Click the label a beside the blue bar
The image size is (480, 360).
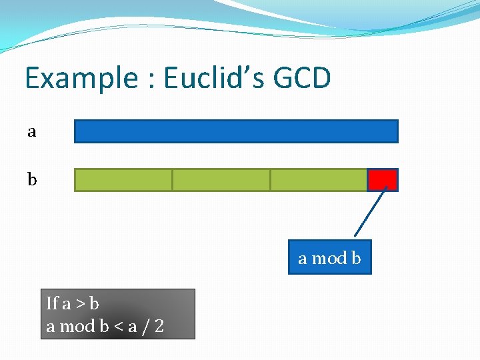pos(31,132)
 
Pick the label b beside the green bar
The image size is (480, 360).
pos(31,180)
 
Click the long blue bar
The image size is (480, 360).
pos(235,131)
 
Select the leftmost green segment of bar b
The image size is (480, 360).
pos(123,180)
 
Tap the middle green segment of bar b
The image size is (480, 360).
pos(221,180)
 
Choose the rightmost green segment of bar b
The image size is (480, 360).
pos(319,180)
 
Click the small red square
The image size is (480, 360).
pos(383,180)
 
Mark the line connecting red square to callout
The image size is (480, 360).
pos(371,213)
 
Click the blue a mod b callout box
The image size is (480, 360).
pos(329,258)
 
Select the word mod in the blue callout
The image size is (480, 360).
pos(329,259)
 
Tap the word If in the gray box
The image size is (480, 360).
pos(52,304)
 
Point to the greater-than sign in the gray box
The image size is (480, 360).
pos(81,305)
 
